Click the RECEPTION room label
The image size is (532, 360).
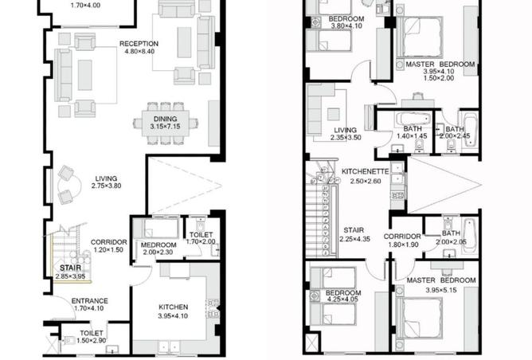(139, 44)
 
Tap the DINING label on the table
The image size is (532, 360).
(165, 119)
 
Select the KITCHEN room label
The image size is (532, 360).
(174, 307)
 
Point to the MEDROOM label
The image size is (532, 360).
(158, 245)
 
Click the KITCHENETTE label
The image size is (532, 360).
(365, 171)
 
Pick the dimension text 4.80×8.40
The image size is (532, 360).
(139, 52)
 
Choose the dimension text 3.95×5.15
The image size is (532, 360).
(441, 290)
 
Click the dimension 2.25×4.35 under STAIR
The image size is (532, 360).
(355, 239)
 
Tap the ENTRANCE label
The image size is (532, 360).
(89, 301)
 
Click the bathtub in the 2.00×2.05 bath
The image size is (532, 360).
(470, 235)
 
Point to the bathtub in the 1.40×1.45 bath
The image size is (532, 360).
(413, 119)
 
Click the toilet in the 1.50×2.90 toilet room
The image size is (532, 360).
(68, 340)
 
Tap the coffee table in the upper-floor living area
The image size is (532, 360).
(334, 115)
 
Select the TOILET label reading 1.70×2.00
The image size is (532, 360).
(201, 234)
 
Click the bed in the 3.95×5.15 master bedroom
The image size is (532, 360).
(421, 318)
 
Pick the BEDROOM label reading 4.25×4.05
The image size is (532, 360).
(343, 293)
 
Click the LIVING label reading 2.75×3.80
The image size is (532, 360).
(106, 178)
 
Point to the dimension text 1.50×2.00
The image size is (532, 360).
(439, 78)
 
